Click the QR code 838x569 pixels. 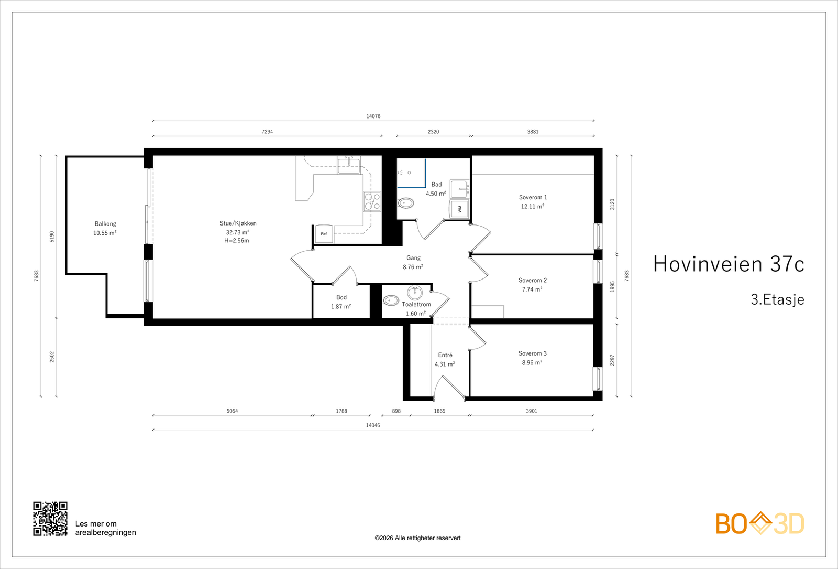[50, 519]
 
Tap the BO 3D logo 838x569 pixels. [760, 523]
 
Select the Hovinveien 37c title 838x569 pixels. [729, 264]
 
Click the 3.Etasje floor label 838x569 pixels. [777, 299]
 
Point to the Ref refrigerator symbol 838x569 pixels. [324, 234]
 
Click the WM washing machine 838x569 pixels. [459, 209]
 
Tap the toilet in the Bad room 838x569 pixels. [406, 203]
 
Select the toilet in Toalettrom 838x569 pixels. [391, 300]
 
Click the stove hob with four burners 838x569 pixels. [372, 201]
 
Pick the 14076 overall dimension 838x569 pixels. [373, 116]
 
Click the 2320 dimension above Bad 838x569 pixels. [433, 132]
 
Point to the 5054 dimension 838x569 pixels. [233, 411]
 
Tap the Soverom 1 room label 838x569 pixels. [533, 197]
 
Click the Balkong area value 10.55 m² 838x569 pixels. [105, 233]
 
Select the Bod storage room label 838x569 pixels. [341, 297]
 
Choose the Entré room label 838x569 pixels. [445, 355]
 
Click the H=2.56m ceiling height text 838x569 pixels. [237, 241]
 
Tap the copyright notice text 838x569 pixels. [417, 538]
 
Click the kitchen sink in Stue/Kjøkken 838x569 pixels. [349, 165]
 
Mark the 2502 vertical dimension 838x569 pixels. [52, 357]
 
